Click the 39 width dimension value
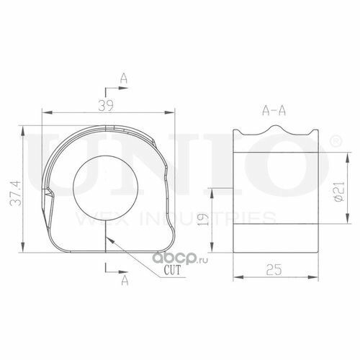[106, 105]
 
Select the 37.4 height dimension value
[16, 193]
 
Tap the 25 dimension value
[274, 269]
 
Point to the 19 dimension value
[202, 219]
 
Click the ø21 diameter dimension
[339, 192]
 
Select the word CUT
[171, 270]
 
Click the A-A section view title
[274, 111]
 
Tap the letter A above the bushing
[124, 78]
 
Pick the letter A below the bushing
[125, 280]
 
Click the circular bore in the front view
[106, 188]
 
